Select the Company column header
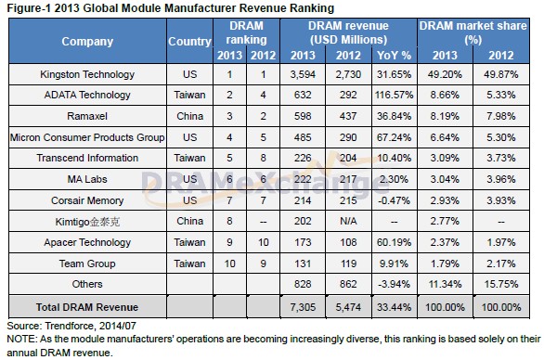pos(87,42)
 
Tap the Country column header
pos(189,42)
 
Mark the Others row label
pos(87,283)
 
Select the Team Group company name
pos(87,263)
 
